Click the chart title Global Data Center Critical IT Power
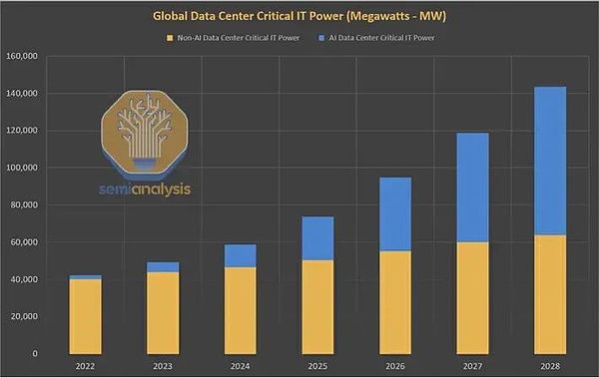(x=299, y=16)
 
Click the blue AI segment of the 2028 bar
(x=538, y=161)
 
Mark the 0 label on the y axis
(x=33, y=353)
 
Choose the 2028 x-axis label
(x=538, y=367)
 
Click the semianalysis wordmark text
(x=146, y=188)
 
